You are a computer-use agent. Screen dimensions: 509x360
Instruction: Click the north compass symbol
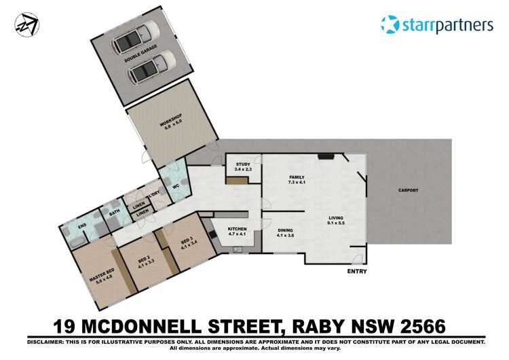pos(27,24)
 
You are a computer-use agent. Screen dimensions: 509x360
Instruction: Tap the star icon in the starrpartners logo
pos(390,24)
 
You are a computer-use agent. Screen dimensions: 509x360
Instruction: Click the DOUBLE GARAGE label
pos(141,54)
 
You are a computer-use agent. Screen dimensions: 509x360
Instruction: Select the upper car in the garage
pos(136,37)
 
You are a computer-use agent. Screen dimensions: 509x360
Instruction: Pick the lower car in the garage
pos(152,67)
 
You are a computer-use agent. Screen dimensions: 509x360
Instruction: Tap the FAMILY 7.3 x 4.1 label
pos(297,180)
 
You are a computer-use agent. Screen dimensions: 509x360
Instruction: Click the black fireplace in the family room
pos(326,157)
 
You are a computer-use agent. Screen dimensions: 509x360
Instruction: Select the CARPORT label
pos(409,190)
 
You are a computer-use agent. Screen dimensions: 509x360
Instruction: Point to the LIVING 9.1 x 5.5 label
pos(336,220)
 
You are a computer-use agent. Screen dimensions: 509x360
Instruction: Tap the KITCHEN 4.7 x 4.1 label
pos(238,232)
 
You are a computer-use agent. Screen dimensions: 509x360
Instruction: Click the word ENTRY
pos(357,271)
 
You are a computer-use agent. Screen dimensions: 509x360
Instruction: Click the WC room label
pos(176,187)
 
